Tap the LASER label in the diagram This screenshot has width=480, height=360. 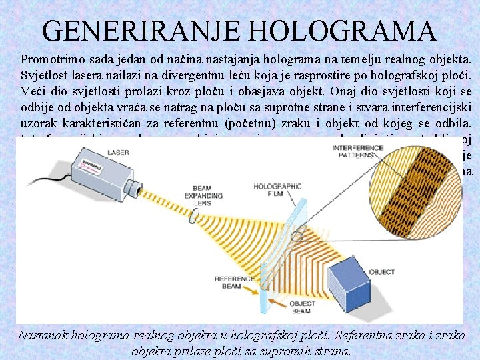[118, 153]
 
